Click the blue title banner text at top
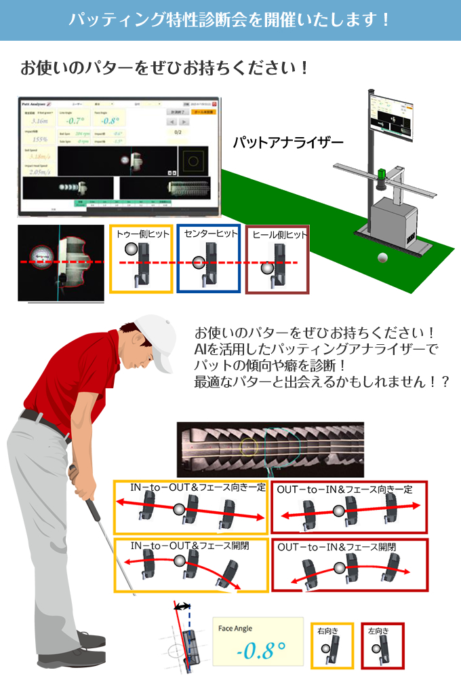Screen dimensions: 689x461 coord(230,20)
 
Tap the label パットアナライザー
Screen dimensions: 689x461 coord(288,143)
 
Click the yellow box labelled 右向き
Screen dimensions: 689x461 coord(332,646)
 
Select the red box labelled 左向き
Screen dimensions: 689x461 coord(382,646)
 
